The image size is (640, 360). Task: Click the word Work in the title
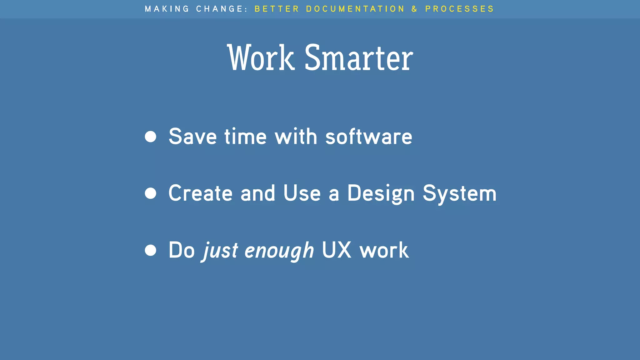coord(261,58)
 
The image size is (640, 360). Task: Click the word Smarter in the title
coord(359,58)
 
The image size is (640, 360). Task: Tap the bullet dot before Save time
coord(151,137)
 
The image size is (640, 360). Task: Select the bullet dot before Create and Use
coord(151,193)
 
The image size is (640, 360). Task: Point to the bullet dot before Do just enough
coord(151,250)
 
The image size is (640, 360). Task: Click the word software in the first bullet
coord(369,137)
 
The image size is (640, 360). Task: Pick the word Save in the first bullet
coord(192,137)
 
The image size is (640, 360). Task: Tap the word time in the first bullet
coord(245,137)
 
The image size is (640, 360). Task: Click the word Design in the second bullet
coord(381,194)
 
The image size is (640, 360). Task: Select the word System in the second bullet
coord(459,194)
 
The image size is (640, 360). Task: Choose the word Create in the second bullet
coord(200,193)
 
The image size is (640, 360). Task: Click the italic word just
coord(220,251)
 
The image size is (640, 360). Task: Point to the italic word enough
coord(279,251)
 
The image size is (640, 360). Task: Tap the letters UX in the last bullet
coord(337,250)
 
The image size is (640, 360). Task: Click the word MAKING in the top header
coord(167,9)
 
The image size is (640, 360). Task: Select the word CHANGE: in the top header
coord(222,9)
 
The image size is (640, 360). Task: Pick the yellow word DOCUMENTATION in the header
coord(355,9)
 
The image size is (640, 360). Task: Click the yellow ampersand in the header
coord(415,9)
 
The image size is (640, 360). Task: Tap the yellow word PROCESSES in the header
coord(459,9)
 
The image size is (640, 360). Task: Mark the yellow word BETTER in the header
coord(277,9)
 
